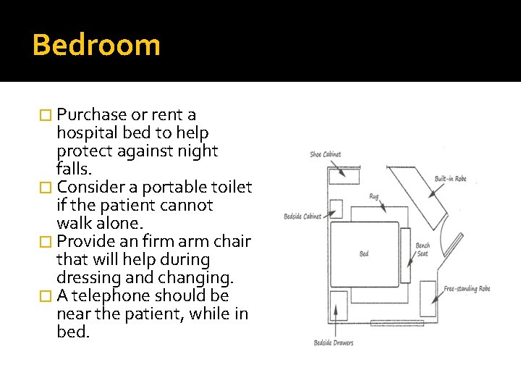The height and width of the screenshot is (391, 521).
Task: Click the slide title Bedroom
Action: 96,45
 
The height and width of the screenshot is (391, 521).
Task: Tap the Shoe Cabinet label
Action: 325,154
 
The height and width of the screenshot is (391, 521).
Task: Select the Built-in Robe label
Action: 450,179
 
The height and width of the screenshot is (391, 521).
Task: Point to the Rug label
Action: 373,196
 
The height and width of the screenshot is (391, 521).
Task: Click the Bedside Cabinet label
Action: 302,216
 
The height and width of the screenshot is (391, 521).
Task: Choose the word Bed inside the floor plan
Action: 364,254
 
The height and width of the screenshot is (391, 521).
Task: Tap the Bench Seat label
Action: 423,250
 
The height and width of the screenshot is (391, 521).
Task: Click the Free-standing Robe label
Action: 467,289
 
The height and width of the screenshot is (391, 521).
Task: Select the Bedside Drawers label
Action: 334,342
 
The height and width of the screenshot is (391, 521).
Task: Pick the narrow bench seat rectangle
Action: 405,255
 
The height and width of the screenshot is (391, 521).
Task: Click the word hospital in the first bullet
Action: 85,133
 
